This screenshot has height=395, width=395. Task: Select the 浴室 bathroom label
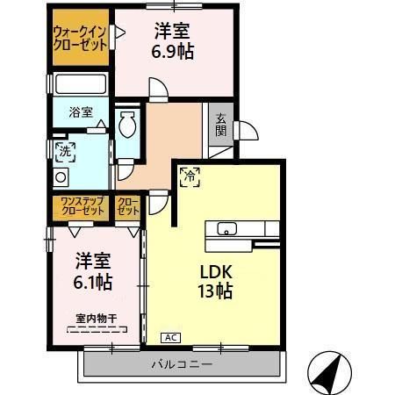[79, 111]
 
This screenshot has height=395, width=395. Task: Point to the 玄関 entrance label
[219, 127]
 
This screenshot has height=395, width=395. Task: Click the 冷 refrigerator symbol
[189, 176]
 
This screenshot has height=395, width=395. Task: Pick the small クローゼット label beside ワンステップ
[129, 207]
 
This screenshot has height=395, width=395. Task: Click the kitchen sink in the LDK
[226, 230]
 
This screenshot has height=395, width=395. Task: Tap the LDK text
[214, 271]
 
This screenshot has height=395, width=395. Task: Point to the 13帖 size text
[214, 291]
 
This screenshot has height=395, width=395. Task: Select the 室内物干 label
[96, 318]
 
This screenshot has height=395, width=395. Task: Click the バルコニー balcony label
[183, 363]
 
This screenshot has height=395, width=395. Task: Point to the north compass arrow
[327, 371]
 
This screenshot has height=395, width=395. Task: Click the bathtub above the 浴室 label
[80, 86]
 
